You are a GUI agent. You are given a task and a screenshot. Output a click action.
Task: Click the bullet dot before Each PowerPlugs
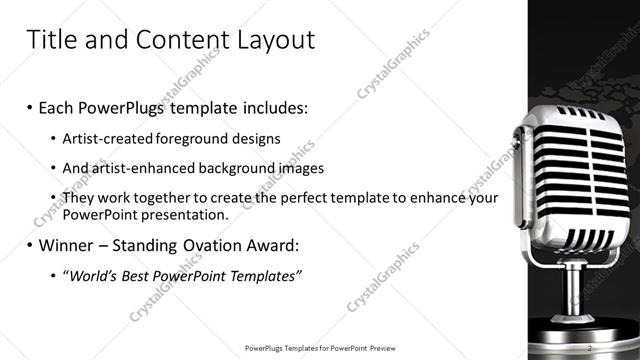[30, 106]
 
